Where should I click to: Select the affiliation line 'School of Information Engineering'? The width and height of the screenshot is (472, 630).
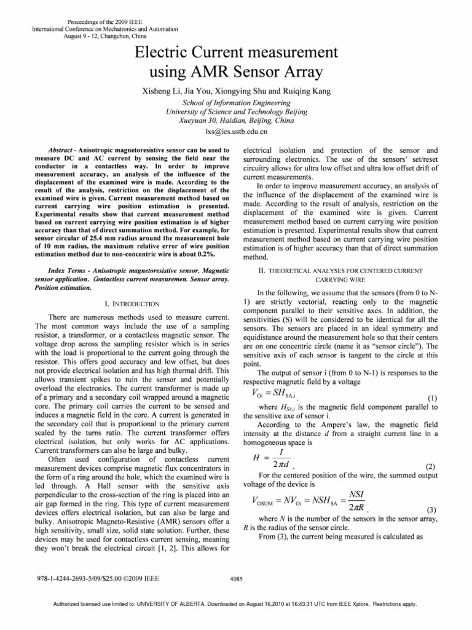(236, 103)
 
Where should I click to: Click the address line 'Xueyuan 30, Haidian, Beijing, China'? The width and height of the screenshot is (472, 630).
(236, 122)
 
